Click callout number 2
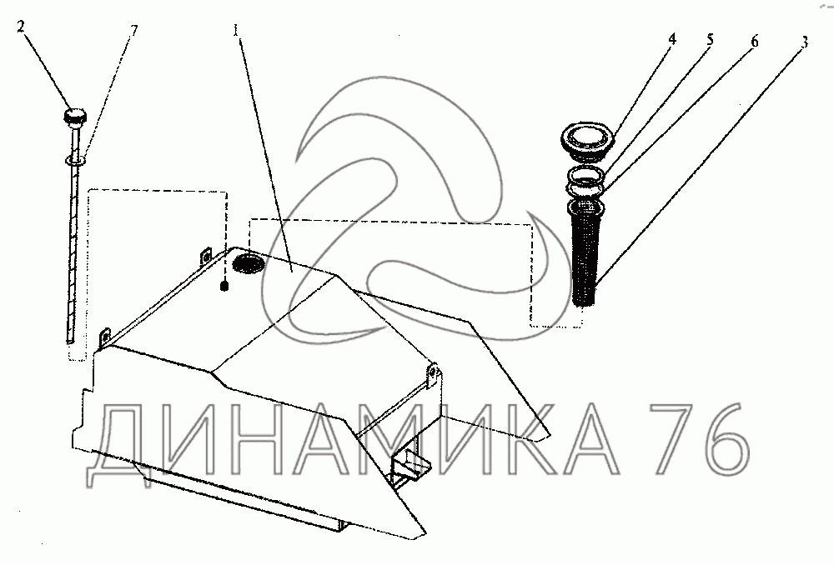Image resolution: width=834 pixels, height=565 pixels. [x=22, y=27]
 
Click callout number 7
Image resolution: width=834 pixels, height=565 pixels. [x=133, y=31]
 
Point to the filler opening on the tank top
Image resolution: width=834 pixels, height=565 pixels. [x=248, y=264]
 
